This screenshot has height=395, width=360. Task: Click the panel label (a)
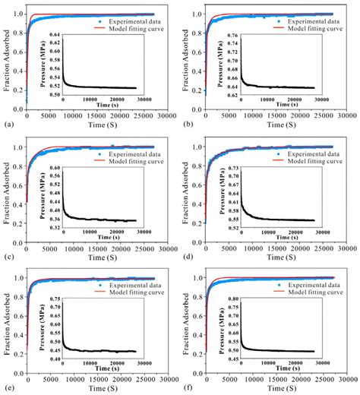(8, 122)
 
